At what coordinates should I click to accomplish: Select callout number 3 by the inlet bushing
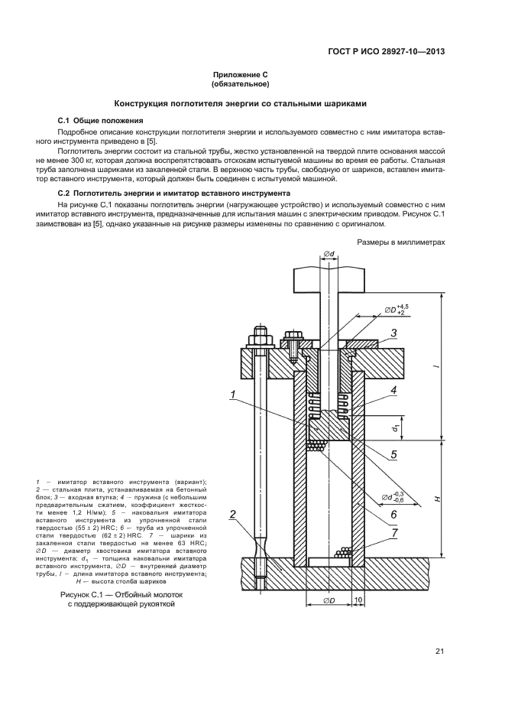[393, 332]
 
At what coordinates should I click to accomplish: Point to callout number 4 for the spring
[393, 391]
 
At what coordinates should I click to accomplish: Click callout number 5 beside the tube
[393, 454]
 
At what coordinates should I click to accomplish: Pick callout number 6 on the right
[393, 515]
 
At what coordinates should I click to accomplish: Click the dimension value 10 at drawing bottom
[359, 600]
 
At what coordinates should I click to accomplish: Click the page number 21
[439, 651]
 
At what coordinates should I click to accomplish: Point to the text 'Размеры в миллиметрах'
[400, 242]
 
